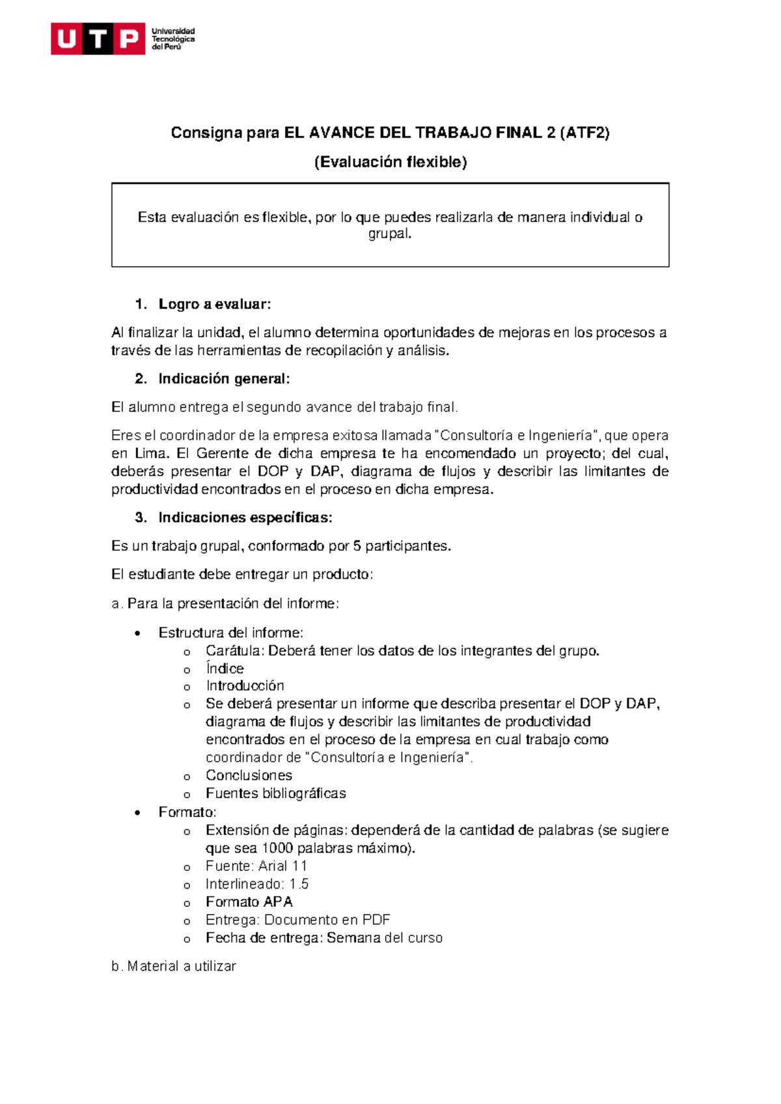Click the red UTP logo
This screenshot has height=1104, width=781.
tap(98, 39)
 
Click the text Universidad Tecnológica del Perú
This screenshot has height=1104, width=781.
tap(172, 39)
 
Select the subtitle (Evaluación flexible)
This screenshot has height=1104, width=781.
tap(390, 162)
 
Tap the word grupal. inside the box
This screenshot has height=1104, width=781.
tap(390, 234)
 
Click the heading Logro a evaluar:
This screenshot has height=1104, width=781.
tap(214, 304)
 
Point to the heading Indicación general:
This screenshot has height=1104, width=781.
tap(224, 379)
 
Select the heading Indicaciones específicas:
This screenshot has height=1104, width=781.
tap(245, 517)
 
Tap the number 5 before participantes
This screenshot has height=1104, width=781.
tap(357, 546)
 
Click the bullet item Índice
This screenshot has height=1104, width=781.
tap(225, 669)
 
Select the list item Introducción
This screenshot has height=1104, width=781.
tap(245, 685)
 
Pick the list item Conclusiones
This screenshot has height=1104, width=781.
tap(249, 775)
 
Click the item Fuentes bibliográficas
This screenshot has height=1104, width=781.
tap(275, 793)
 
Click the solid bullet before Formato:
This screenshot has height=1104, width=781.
tap(137, 813)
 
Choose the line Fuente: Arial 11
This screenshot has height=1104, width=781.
tap(256, 866)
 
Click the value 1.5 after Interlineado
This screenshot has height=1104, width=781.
tap(299, 884)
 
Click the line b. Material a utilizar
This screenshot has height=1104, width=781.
tap(174, 967)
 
